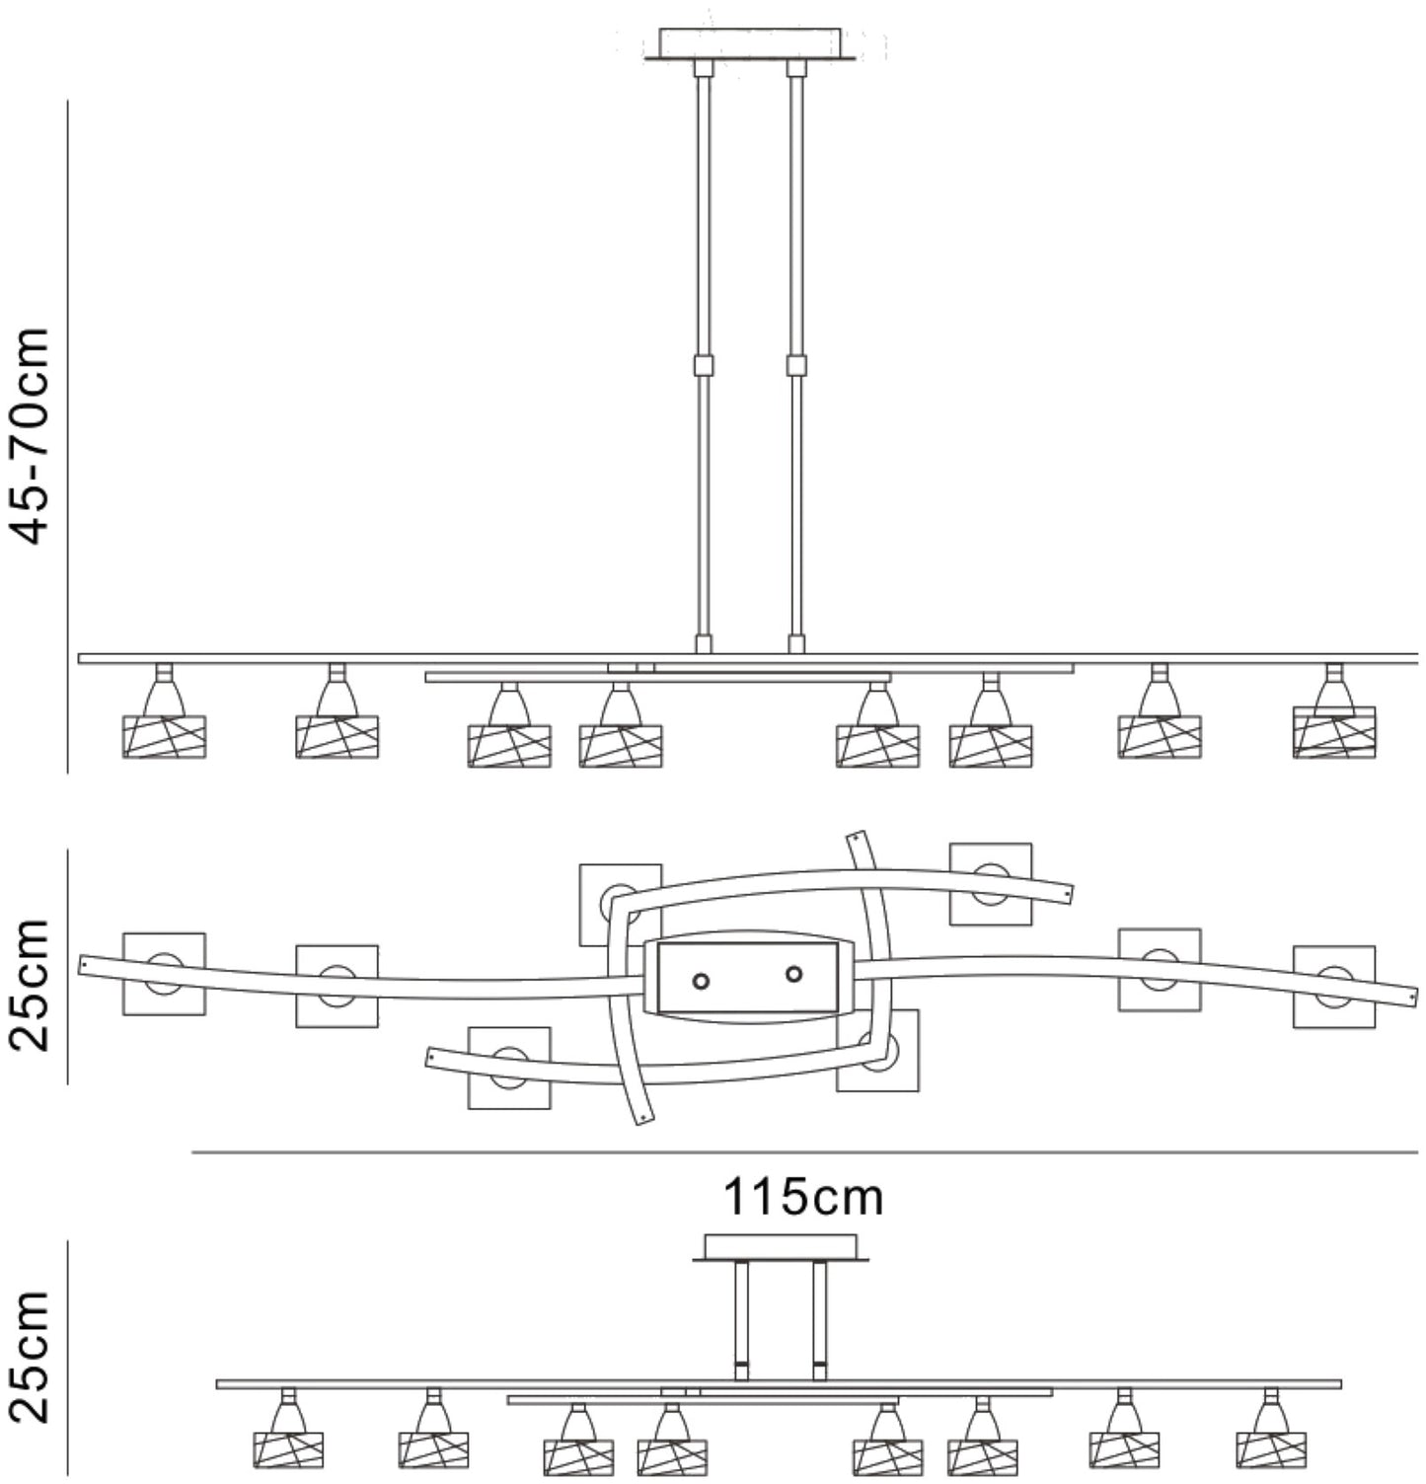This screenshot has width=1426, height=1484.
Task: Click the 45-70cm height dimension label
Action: [x=30, y=434]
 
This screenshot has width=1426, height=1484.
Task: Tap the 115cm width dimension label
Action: [x=803, y=1198]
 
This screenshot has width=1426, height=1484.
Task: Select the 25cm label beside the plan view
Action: [x=30, y=984]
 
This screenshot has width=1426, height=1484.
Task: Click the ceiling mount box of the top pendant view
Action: [x=750, y=43]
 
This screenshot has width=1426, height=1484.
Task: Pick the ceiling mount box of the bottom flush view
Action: [x=780, y=1246]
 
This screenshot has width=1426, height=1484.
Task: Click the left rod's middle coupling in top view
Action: [x=703, y=365]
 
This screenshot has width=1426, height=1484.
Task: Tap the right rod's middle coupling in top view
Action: [x=796, y=365]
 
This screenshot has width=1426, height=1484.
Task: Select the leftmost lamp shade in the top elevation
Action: [x=164, y=736]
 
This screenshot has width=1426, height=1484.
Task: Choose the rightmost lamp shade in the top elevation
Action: [x=1334, y=732]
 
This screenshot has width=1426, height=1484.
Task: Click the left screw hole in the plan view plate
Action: [x=701, y=982]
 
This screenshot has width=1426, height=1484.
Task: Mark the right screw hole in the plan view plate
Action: [x=793, y=974]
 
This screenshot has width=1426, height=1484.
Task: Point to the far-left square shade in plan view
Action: [x=164, y=974]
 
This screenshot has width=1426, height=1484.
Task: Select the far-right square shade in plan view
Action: [x=1334, y=987]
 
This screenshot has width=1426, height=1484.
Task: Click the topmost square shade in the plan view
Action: [x=991, y=884]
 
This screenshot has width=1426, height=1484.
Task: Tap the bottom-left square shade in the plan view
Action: [x=509, y=1068]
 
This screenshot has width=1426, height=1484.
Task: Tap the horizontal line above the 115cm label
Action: [x=803, y=1151]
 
